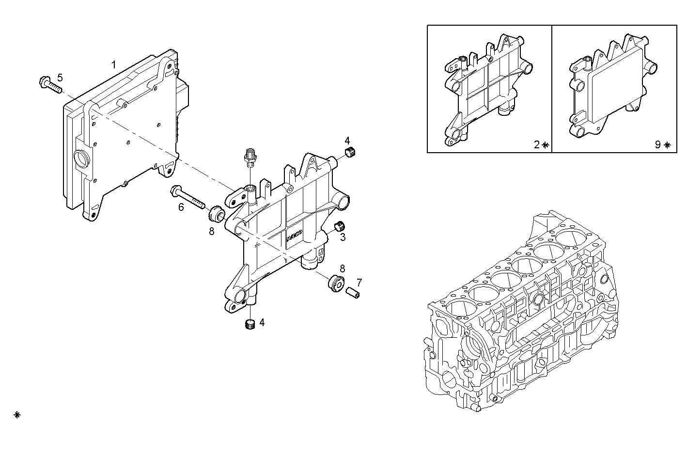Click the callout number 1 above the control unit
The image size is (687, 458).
[114, 64]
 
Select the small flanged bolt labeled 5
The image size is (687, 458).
[49, 86]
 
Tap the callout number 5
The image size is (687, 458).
[60, 77]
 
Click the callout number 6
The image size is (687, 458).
[181, 207]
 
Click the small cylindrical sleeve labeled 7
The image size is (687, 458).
[353, 293]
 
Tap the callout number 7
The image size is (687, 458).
[359, 282]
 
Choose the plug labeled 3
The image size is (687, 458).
[340, 226]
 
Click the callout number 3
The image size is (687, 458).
[343, 237]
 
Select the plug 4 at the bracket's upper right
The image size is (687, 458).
[350, 153]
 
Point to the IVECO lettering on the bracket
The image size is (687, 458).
[294, 236]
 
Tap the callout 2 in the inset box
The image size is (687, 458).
[536, 144]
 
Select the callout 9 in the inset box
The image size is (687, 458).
[657, 144]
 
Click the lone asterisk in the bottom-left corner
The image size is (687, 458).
[17, 415]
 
